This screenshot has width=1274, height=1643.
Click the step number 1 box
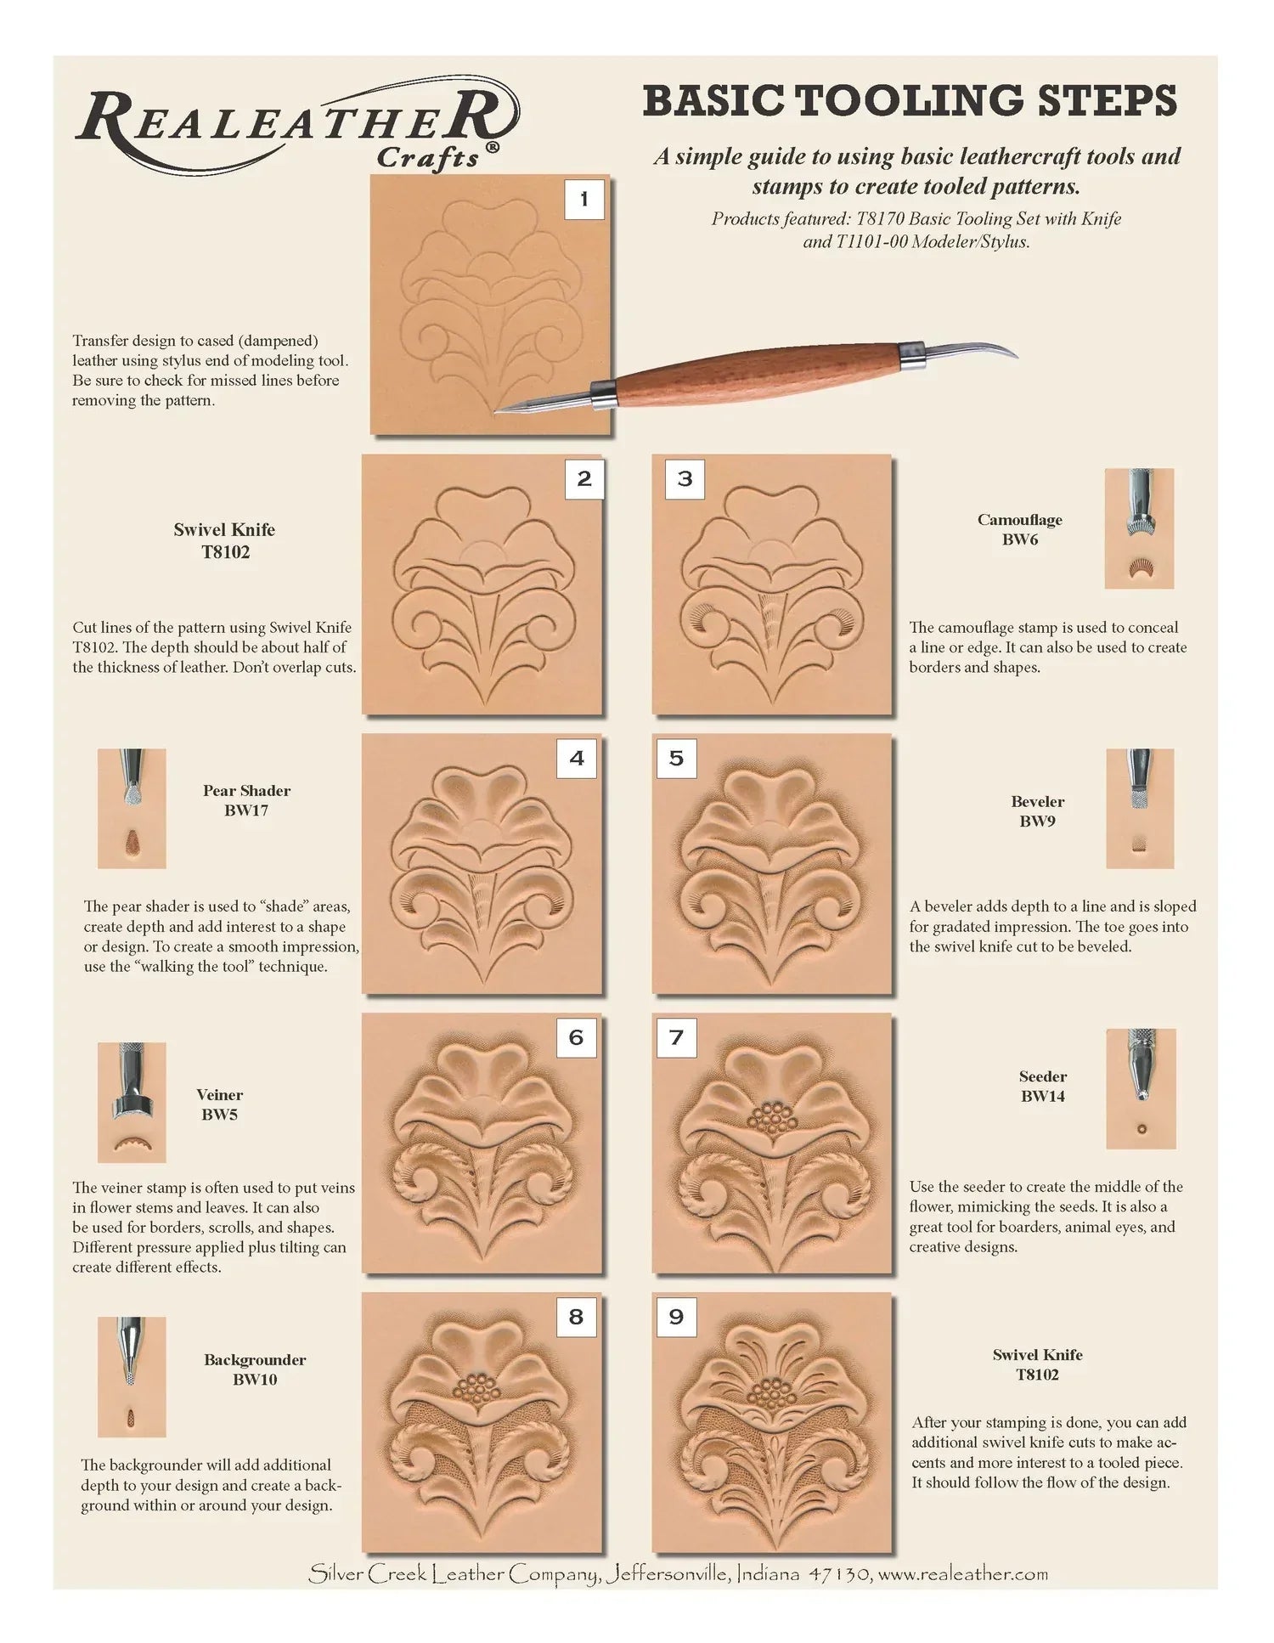pos(583,200)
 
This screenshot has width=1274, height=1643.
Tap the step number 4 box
pos(577,758)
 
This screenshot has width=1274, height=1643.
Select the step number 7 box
pos(676,1037)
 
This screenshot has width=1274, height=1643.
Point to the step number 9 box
pos(676,1317)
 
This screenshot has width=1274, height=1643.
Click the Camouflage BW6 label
pos(1019,529)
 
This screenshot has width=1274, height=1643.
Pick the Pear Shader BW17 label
pos(246,800)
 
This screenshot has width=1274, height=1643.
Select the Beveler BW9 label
pos(1037,810)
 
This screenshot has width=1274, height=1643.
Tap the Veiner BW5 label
pos(219,1104)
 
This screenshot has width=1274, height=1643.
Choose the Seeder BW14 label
pos(1042,1086)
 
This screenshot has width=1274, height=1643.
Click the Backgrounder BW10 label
pos(255,1369)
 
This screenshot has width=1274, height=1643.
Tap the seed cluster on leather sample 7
pos(771,1121)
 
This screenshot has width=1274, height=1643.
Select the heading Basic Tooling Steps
pos(910,101)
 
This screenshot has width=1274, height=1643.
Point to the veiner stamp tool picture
pos(132,1102)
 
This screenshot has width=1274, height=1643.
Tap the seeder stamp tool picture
pos(1141,1088)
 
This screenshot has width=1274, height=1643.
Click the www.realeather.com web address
pos(963,1574)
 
